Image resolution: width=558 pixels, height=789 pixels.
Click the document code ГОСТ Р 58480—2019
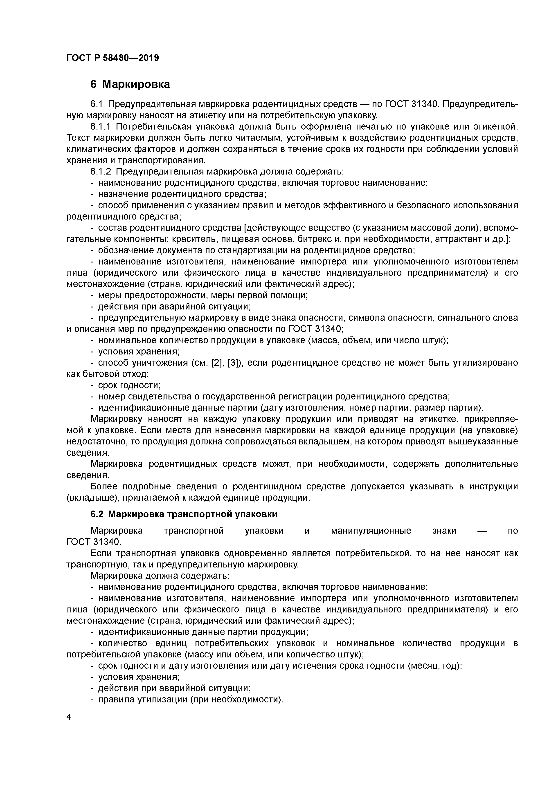(112, 58)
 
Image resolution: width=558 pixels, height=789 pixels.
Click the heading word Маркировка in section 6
(136, 84)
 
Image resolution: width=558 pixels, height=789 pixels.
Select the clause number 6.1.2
(101, 171)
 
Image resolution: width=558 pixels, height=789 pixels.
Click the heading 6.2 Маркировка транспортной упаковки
(184, 514)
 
